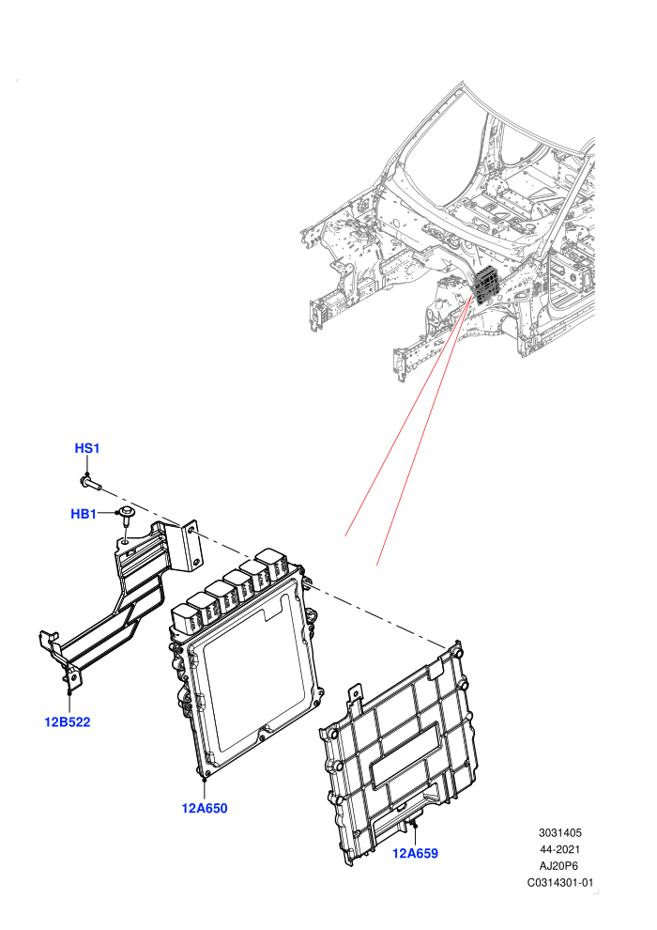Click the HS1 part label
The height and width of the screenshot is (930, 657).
[x=87, y=448]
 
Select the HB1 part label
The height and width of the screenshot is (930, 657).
[x=84, y=514]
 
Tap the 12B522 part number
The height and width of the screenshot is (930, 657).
[x=68, y=721]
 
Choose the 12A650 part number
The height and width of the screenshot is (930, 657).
[x=205, y=808]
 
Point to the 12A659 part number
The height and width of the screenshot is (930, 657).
[x=415, y=853]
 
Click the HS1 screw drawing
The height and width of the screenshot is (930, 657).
[x=90, y=482]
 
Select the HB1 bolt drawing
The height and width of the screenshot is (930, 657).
[x=126, y=516]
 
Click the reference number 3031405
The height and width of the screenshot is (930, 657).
[x=559, y=832]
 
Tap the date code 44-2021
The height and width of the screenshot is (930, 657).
[x=559, y=849]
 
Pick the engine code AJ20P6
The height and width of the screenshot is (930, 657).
[x=559, y=866]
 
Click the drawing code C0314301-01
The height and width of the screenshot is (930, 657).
[x=559, y=882]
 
